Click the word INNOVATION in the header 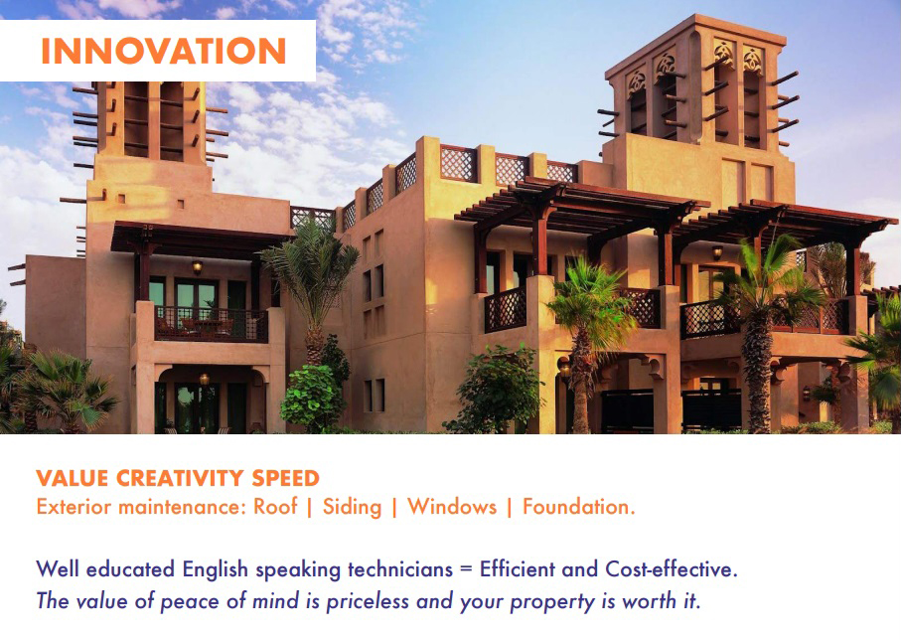click(x=164, y=51)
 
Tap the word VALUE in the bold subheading click(x=72, y=478)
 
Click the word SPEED click(x=285, y=478)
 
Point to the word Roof click(x=275, y=507)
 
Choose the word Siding click(x=352, y=507)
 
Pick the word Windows click(x=452, y=507)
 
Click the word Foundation click(x=578, y=507)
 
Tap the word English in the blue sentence click(x=215, y=569)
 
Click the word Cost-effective click(x=672, y=569)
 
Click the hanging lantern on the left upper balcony click(x=197, y=266)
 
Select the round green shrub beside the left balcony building click(x=313, y=398)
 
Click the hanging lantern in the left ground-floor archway click(x=204, y=379)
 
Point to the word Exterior click(x=74, y=507)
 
